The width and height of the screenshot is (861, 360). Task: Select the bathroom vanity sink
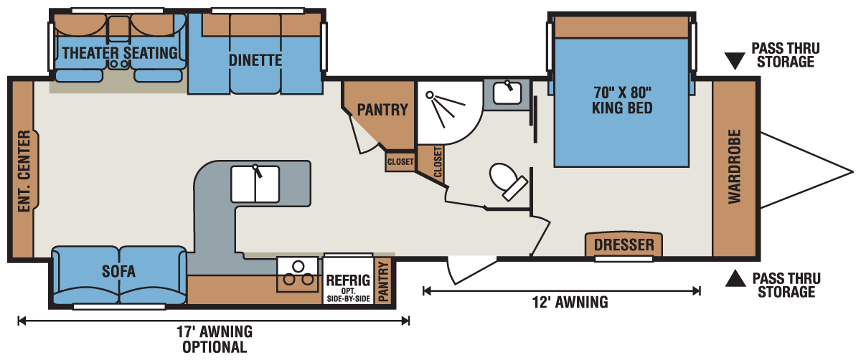[507, 93]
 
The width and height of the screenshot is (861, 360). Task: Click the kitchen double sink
[255, 184]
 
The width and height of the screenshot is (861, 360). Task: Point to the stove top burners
[298, 274]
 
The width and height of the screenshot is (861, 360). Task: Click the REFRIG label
[348, 280]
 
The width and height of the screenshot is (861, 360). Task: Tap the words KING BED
[622, 108]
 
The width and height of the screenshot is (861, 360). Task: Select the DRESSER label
[624, 245]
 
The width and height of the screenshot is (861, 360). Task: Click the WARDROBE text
[734, 166]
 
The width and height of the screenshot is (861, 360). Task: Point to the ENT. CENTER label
[24, 171]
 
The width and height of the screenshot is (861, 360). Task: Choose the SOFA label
[118, 272]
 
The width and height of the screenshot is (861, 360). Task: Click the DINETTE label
[255, 60]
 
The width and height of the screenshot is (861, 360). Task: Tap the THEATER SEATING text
[120, 53]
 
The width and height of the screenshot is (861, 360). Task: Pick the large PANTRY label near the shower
[382, 110]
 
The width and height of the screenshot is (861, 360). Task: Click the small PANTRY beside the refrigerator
[384, 282]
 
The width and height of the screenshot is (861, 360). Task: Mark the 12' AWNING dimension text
[570, 303]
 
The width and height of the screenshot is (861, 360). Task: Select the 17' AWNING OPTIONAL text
[215, 339]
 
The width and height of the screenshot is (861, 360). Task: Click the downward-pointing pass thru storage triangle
[735, 61]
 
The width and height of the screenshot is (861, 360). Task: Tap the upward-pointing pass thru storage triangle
[735, 278]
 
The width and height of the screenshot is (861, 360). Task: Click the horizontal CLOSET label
[400, 162]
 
